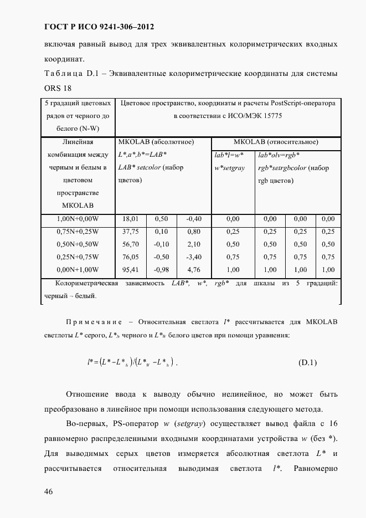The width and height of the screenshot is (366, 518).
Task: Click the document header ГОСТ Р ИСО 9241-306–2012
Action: click(99, 26)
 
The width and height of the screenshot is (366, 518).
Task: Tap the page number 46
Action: click(48, 493)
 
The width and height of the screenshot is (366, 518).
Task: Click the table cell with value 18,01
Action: click(130, 219)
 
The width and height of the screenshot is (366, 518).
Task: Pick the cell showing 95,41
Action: click(130, 270)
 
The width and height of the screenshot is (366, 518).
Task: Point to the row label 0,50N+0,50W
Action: click(78, 244)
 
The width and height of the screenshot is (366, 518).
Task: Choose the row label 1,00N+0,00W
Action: click(78, 219)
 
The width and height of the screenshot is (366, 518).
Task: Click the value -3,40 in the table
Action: click(193, 257)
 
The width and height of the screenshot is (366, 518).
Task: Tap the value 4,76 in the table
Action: click(193, 270)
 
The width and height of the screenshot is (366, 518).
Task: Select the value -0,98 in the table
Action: click(161, 270)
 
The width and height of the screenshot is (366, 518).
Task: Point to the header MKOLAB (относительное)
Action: click(276, 142)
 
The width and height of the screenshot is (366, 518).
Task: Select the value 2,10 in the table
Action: click(193, 244)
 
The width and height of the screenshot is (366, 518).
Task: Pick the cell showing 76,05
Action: click(130, 257)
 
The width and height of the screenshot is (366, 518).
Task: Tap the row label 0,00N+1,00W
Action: click(78, 270)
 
